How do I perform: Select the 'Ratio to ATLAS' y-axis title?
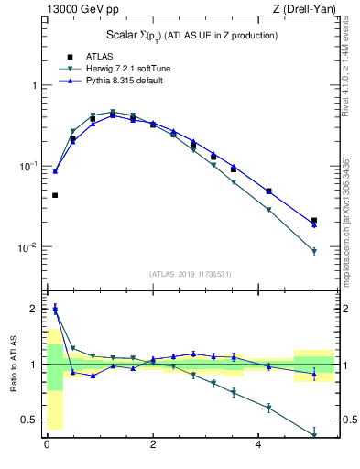point(13,365)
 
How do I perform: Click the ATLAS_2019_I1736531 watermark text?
point(190,274)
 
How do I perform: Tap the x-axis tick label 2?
point(152,446)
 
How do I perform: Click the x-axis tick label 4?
point(258,446)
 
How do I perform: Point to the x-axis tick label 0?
point(47,446)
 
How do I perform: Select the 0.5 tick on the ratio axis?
point(32,420)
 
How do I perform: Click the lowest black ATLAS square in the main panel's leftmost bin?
point(55,195)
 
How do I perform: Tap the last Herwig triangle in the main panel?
point(314,252)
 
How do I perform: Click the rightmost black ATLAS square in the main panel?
point(314,221)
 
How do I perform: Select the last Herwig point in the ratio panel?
point(314,435)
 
